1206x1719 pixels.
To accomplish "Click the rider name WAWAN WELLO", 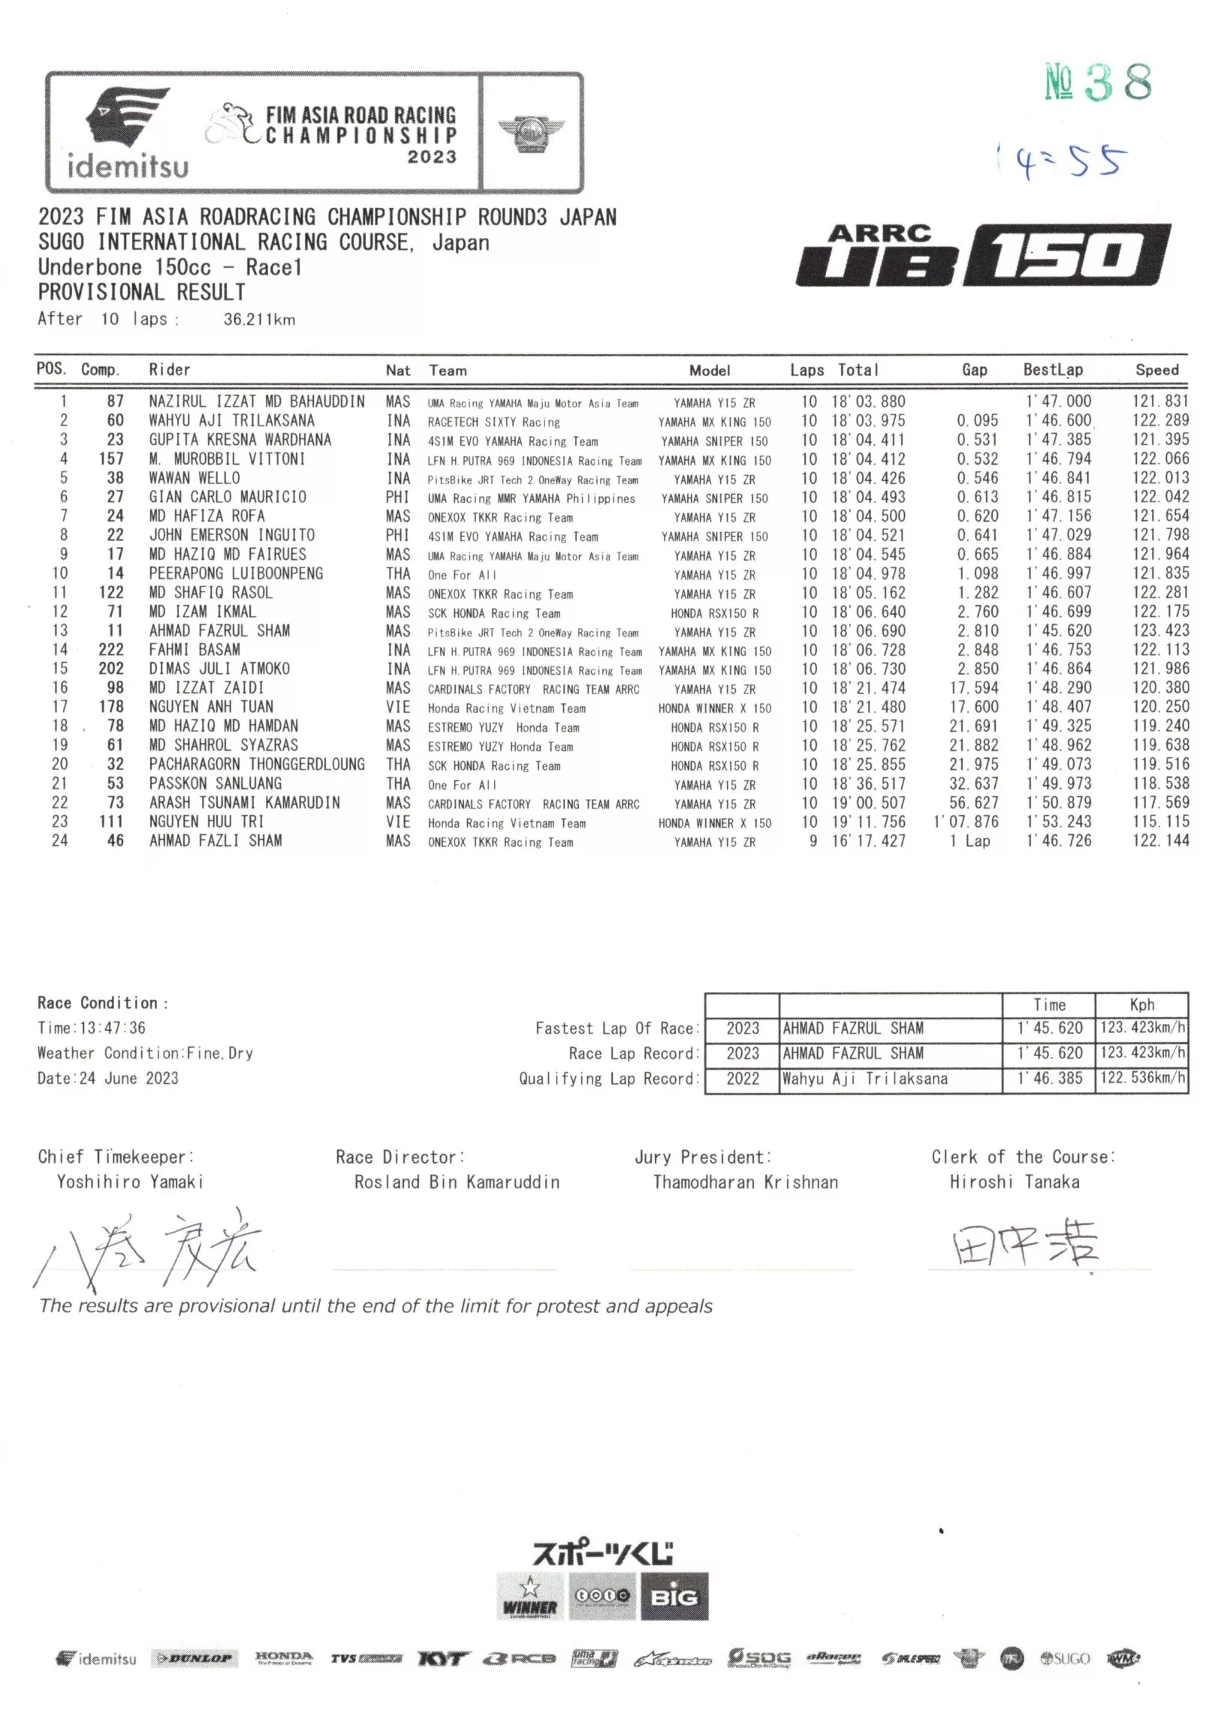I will [194, 478].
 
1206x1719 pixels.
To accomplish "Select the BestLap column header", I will [1053, 370].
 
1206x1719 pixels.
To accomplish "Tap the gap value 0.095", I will [977, 421].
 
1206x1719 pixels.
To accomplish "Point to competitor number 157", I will [111, 459].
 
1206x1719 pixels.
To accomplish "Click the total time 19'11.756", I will [868, 822].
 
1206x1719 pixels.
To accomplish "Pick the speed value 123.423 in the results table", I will [1160, 631].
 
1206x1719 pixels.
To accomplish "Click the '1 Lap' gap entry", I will [969, 841].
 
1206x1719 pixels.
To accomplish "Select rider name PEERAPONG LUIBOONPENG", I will [236, 574].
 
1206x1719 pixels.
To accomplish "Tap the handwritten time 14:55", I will [1063, 161].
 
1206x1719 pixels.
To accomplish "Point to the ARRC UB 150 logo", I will [982, 255].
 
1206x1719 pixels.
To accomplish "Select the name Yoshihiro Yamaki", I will [130, 1182].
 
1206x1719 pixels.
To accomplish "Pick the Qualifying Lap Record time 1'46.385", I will [1049, 1079].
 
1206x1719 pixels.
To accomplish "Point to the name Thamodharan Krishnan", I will [745, 1182].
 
